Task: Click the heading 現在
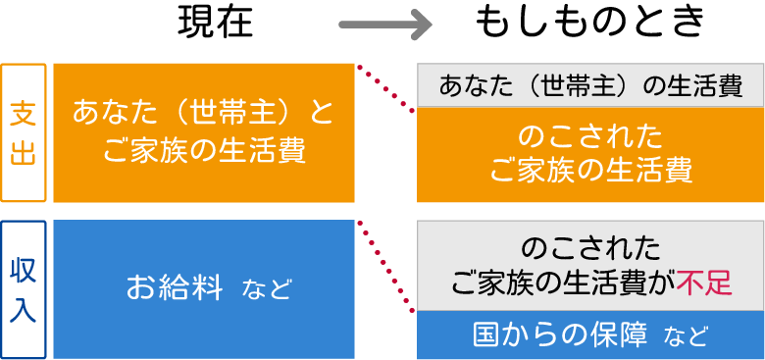coord(215,23)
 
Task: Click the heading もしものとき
coord(590,23)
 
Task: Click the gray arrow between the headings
coord(384,25)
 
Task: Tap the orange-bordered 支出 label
coord(24,132)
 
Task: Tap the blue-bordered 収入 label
coord(24,289)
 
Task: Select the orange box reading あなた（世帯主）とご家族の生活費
coord(203,132)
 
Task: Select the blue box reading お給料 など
coord(203,288)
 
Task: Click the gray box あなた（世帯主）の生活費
coord(590,85)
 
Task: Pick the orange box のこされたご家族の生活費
coord(590,154)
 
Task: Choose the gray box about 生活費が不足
coord(590,265)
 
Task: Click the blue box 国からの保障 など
coord(590,335)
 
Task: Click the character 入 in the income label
coord(24,309)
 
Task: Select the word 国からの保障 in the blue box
coord(560,335)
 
